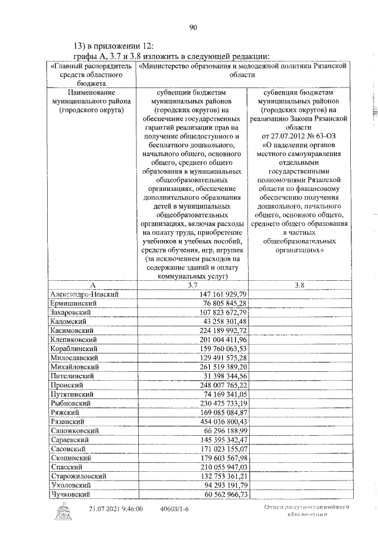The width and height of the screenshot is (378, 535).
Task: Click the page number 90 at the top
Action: [193, 27]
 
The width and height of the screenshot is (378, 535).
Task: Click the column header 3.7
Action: [192, 285]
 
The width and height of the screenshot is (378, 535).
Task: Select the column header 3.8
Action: [299, 285]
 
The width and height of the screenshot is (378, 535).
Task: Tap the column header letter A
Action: [91, 285]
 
